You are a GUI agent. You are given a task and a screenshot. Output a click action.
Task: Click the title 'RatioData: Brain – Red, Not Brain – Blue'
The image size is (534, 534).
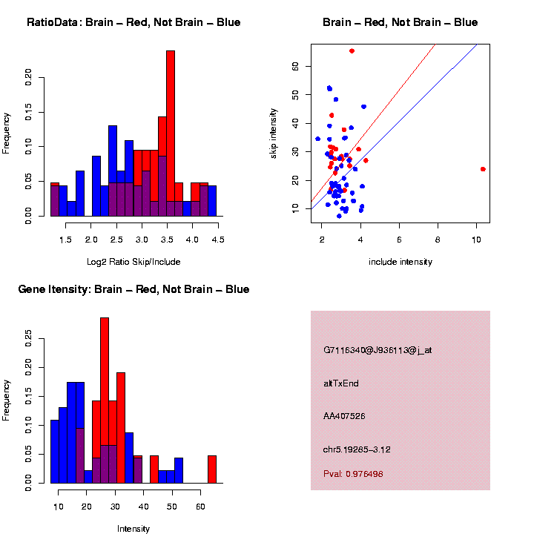[x=133, y=22]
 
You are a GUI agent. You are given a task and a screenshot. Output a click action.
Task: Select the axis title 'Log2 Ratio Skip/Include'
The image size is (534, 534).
[x=133, y=262]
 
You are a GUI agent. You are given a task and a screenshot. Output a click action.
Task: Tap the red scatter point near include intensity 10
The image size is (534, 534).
[x=483, y=169]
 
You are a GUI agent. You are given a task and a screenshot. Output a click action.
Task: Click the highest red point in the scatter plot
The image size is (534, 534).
[x=352, y=50]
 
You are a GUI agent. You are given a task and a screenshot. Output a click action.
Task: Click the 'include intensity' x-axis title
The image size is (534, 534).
[x=400, y=262]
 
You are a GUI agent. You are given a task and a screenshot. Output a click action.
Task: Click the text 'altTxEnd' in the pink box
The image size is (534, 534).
[x=341, y=383]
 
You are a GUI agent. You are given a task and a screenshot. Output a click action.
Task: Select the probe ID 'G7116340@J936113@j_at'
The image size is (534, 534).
[x=378, y=350]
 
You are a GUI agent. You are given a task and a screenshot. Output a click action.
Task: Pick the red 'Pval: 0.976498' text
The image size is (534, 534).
[x=353, y=473]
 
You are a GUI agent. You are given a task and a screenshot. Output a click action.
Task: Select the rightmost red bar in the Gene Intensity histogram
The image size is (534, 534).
[x=212, y=469]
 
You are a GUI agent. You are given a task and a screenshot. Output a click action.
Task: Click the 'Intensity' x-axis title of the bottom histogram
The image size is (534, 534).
[x=133, y=529]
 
